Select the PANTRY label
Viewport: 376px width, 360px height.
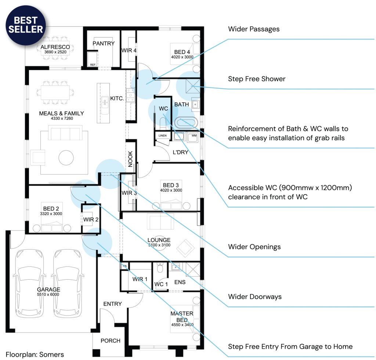coord(104,43)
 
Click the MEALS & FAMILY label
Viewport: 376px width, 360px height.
coord(61,113)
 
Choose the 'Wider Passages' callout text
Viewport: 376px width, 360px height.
coord(253,29)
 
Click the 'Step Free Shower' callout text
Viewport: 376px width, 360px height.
coord(256,79)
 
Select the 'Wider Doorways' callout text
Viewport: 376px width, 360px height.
coord(254,297)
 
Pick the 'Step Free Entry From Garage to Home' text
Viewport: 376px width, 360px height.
coord(290,346)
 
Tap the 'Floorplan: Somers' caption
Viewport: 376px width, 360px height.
coord(35,354)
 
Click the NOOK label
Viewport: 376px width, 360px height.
coord(130,159)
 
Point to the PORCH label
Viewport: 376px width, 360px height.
coord(110,341)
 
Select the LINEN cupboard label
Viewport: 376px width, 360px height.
coord(162,136)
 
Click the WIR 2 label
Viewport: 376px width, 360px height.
coord(91,219)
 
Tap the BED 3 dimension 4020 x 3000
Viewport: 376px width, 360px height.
coord(171,190)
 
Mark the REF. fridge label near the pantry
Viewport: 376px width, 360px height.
coord(93,65)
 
